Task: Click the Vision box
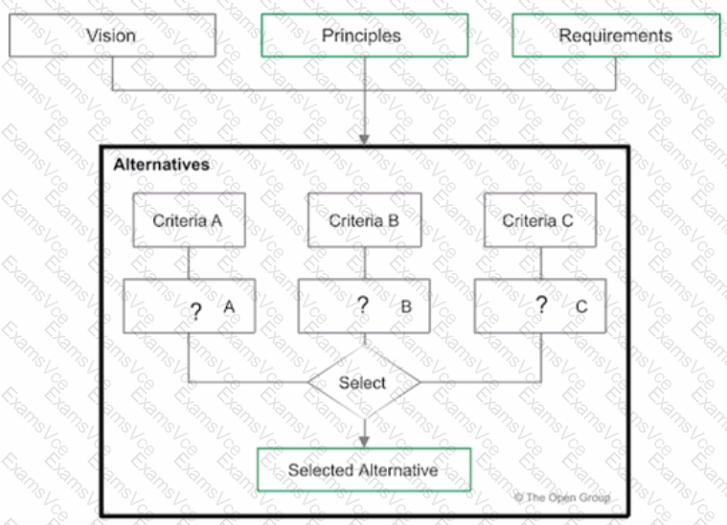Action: (112, 35)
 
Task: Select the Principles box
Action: (364, 35)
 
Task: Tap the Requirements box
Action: (616, 35)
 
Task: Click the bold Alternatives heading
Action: (161, 165)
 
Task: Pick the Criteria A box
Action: (189, 219)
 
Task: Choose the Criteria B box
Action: (364, 219)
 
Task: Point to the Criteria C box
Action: (540, 219)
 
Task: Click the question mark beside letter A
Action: (196, 310)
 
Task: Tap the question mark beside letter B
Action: (363, 305)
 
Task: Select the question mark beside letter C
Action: (541, 305)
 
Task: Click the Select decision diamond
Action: (364, 382)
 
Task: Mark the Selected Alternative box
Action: (364, 469)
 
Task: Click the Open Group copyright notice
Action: (562, 497)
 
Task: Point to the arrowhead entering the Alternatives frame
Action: (364, 140)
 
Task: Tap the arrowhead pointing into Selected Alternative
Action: (364, 442)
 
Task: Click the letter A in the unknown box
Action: (229, 307)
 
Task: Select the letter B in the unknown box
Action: (406, 307)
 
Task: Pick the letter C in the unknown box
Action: (581, 307)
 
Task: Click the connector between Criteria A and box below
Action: (189, 262)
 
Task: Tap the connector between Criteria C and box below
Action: (541, 262)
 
